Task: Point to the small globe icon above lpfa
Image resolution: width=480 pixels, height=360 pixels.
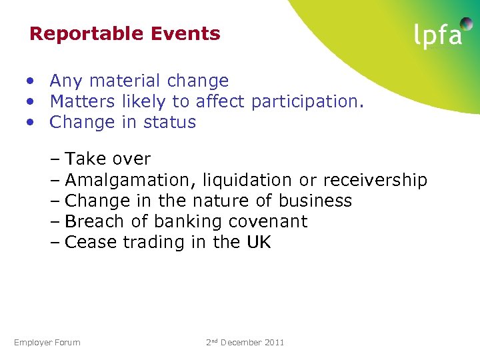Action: click(466, 24)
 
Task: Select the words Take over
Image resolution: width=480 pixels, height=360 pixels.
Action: click(108, 159)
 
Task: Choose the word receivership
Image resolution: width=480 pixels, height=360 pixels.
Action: click(375, 181)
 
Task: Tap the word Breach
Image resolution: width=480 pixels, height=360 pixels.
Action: click(95, 222)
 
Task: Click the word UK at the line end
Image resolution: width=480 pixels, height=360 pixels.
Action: click(259, 243)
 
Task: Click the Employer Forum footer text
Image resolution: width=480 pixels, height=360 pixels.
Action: click(47, 343)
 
